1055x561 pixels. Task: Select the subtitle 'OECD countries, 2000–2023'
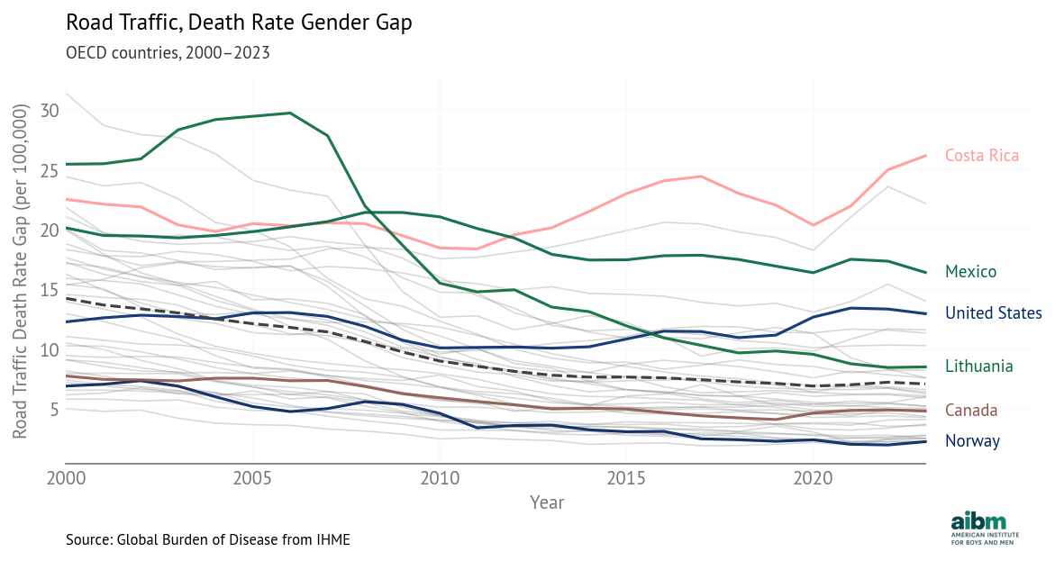(x=168, y=52)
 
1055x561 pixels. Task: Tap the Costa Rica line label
(x=981, y=156)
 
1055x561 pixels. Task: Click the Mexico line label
(x=970, y=271)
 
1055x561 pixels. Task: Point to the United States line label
(x=993, y=313)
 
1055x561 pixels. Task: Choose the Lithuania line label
(x=978, y=366)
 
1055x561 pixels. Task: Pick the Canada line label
(x=971, y=411)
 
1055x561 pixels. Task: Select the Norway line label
(x=972, y=441)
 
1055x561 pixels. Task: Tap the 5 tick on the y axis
(x=53, y=410)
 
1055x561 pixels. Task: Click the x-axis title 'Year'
(x=547, y=502)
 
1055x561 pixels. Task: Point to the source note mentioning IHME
(x=207, y=539)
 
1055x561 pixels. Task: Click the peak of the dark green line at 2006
(x=290, y=113)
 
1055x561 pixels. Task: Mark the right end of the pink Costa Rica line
(x=926, y=156)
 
